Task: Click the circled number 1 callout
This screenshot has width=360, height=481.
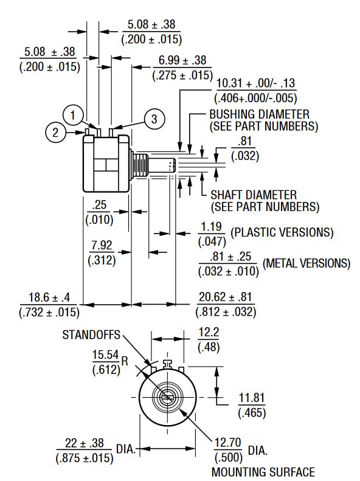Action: click(x=73, y=116)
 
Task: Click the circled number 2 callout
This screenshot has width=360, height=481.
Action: click(x=55, y=133)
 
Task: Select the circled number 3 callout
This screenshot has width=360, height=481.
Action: click(x=154, y=119)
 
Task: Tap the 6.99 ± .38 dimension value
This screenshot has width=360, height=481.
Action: click(x=182, y=60)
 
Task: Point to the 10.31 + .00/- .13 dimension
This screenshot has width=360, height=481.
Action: click(x=255, y=83)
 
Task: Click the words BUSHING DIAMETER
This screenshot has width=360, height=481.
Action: click(x=260, y=114)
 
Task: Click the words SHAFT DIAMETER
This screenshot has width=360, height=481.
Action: click(x=254, y=195)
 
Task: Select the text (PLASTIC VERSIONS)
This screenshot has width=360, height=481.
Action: click(x=282, y=232)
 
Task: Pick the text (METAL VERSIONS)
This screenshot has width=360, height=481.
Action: click(x=306, y=263)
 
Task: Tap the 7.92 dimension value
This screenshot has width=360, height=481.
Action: click(x=102, y=245)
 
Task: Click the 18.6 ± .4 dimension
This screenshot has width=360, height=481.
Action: click(x=49, y=297)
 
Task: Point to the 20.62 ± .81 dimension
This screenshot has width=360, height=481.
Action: click(x=226, y=297)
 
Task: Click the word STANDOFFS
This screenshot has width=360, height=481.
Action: click(x=91, y=334)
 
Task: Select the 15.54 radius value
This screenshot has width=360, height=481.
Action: click(x=105, y=355)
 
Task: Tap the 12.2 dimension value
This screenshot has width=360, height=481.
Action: click(x=209, y=332)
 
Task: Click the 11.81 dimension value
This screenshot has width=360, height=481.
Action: click(x=251, y=398)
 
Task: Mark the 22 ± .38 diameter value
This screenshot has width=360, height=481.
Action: click(x=85, y=443)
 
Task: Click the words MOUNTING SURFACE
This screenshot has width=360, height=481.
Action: click(x=263, y=472)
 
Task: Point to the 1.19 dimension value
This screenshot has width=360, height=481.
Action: click(x=211, y=227)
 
